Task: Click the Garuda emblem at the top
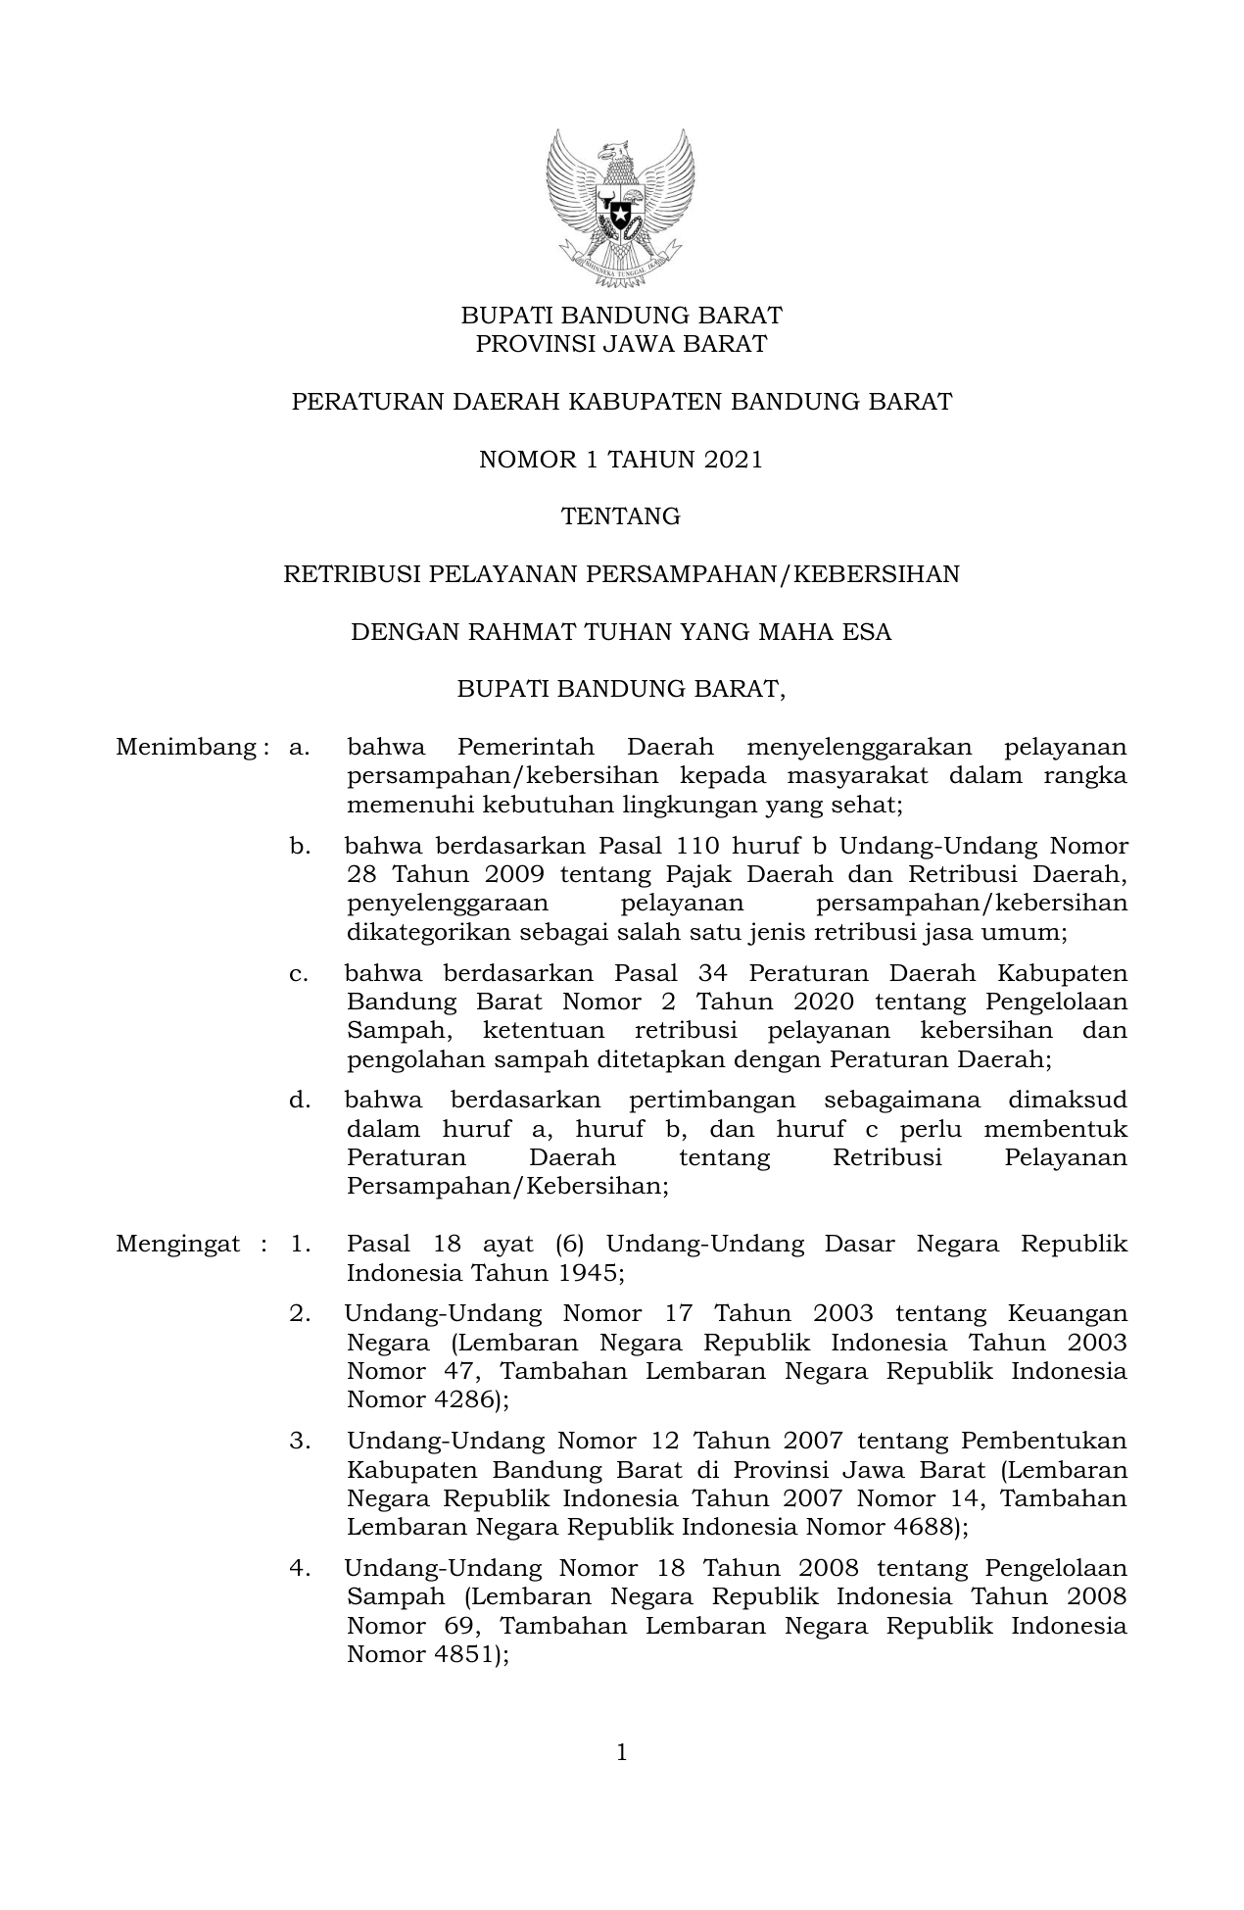point(621,209)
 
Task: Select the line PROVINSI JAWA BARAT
point(621,345)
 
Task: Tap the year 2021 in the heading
point(733,460)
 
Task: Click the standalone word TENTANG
point(621,517)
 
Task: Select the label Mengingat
point(177,1245)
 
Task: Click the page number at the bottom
point(622,1752)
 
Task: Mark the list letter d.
point(299,1101)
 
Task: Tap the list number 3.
point(299,1442)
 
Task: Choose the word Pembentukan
point(1043,1442)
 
